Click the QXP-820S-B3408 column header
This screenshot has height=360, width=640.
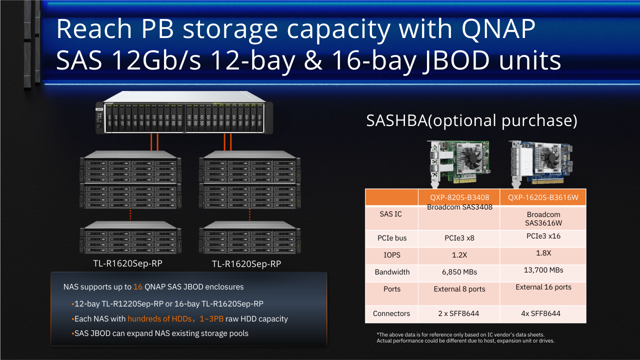pyautogui.click(x=459, y=197)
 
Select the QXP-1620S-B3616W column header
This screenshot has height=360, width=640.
pyautogui.click(x=543, y=197)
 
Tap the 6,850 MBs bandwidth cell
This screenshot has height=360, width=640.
pyautogui.click(x=459, y=272)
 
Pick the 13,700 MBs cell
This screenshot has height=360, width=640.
pyautogui.click(x=543, y=270)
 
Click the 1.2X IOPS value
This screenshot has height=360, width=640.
pyautogui.click(x=459, y=255)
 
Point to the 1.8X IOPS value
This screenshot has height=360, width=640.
pyautogui.click(x=543, y=253)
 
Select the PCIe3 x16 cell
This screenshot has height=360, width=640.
pyautogui.click(x=543, y=236)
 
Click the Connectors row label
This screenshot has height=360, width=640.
pyautogui.click(x=391, y=313)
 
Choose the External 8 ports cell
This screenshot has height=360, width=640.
pyautogui.click(x=459, y=289)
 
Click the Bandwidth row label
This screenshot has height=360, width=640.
pyautogui.click(x=392, y=272)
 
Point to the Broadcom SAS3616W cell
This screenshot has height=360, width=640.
pyautogui.click(x=543, y=218)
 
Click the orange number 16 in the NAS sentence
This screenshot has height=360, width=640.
pyautogui.click(x=137, y=287)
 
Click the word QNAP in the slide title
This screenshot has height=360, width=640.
pyautogui.click(x=498, y=28)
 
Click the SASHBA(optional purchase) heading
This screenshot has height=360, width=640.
pyautogui.click(x=471, y=120)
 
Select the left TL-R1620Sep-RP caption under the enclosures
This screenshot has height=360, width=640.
pyautogui.click(x=127, y=263)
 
